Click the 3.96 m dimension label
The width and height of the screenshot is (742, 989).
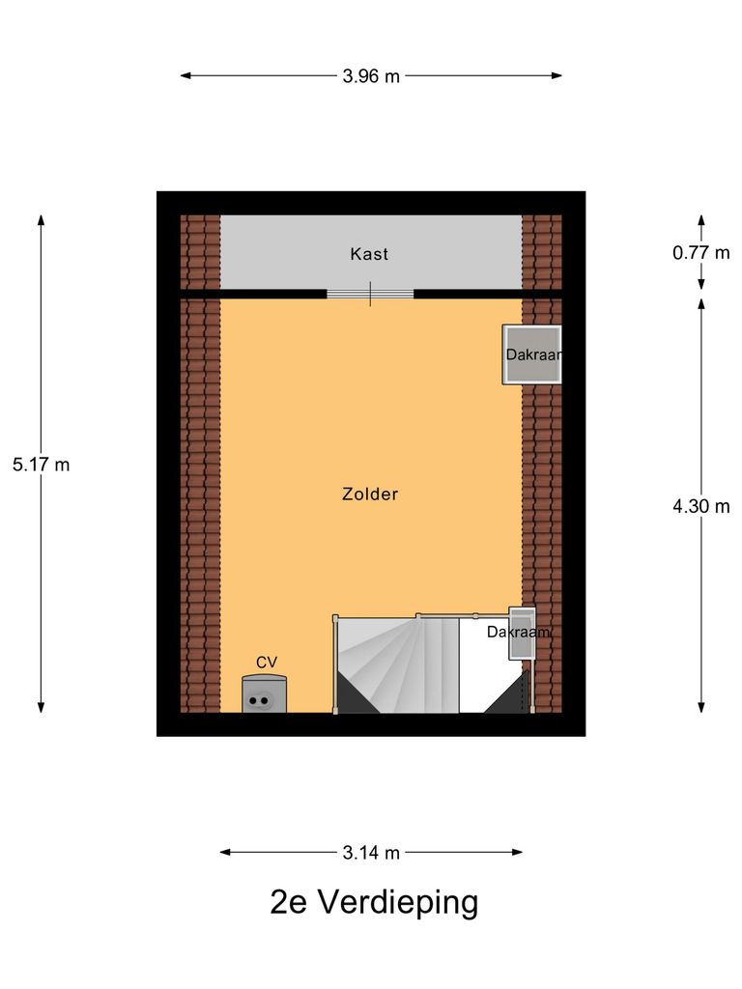(370, 76)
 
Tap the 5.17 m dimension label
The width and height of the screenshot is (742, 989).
(41, 465)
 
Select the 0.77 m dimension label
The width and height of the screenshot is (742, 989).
(701, 253)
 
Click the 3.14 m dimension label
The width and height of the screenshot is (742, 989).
(370, 853)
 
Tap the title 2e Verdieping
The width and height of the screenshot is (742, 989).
(374, 903)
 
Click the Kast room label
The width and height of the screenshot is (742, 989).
(369, 254)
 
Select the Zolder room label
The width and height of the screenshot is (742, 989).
(370, 494)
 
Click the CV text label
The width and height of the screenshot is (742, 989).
(267, 663)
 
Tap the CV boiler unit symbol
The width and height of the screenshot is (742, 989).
(264, 694)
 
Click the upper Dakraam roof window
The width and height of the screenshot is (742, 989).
(530, 354)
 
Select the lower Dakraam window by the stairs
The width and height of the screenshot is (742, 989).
(522, 634)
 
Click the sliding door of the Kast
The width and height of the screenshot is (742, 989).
(370, 294)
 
